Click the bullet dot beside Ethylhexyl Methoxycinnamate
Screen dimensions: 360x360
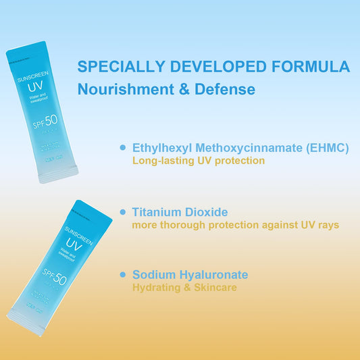click(122, 147)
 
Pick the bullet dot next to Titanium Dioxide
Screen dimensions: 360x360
click(122, 211)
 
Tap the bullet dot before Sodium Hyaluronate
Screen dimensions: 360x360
click(122, 274)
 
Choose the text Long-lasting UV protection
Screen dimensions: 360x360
click(198, 161)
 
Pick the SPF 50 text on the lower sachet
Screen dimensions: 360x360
click(56, 277)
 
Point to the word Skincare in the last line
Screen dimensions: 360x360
click(214, 288)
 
